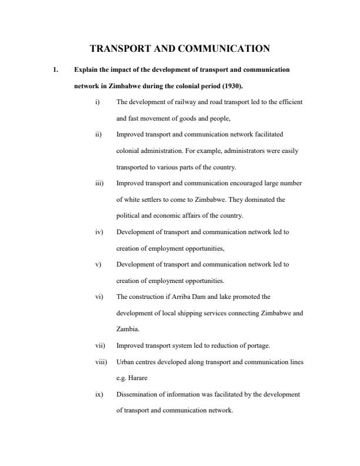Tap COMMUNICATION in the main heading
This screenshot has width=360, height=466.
point(223,49)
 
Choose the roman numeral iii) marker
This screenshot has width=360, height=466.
point(99,183)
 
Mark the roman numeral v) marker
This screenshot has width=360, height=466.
point(98,264)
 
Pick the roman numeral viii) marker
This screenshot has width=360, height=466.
point(100,362)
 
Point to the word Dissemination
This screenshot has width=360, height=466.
point(141,394)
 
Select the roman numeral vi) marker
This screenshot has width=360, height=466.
point(98,297)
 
